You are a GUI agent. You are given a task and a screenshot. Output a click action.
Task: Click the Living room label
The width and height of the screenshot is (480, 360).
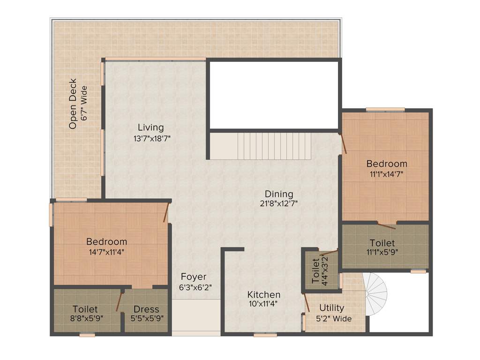[150, 127]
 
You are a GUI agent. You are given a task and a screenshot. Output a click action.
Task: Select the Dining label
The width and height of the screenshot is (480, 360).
[279, 194]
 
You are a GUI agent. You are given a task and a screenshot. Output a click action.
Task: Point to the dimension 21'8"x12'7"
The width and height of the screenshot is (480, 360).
[279, 204]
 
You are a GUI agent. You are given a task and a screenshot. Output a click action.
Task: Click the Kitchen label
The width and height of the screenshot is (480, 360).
[264, 294]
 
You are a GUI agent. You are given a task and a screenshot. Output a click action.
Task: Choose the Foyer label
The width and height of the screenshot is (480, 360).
[194, 277]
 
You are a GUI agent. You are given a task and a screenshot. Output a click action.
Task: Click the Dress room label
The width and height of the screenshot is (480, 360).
[146, 309]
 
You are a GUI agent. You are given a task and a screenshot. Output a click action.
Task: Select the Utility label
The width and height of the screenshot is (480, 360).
[331, 308]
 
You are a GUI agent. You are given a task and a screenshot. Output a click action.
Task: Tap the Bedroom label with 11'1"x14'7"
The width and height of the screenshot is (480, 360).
[387, 164]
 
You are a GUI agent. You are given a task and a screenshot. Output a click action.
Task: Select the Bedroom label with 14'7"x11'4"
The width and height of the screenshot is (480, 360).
[106, 241]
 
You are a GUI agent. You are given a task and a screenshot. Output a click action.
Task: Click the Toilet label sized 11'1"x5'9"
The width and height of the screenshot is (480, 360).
[382, 243]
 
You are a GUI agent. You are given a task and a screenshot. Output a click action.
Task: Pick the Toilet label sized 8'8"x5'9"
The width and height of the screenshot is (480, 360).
[85, 309]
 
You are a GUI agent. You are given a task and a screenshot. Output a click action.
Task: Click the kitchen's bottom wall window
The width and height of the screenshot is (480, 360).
[265, 335]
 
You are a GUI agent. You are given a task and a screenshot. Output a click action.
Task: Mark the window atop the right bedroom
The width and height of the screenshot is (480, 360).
[385, 110]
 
